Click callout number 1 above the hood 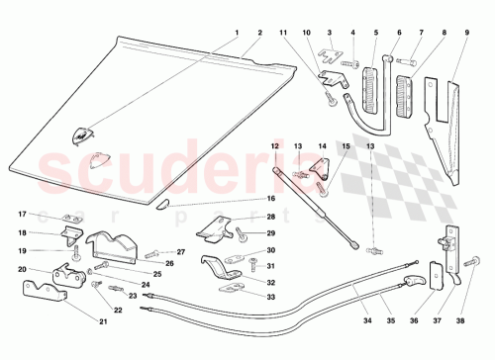(x=238, y=33)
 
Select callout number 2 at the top (x=259, y=33)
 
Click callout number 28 (x=270, y=217)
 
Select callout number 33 (x=270, y=296)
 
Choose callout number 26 (x=169, y=263)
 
